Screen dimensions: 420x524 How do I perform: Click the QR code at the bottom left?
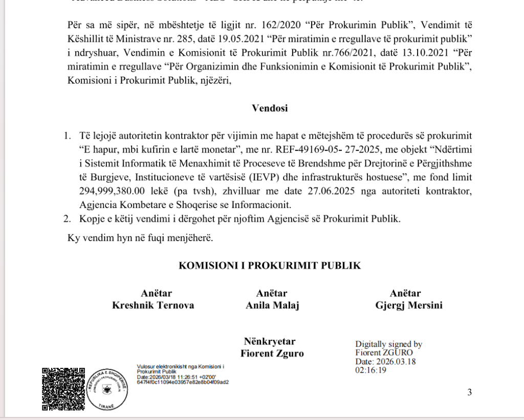(x=62, y=389)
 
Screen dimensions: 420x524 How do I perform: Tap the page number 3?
(x=469, y=392)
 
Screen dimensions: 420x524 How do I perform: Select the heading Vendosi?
(x=270, y=108)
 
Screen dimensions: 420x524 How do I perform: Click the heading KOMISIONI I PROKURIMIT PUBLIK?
(x=270, y=266)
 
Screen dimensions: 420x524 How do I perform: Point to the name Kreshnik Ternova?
(x=153, y=306)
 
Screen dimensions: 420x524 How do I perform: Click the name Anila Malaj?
(x=272, y=306)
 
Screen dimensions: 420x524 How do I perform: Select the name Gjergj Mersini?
(x=408, y=306)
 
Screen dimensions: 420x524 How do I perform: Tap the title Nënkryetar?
(x=270, y=341)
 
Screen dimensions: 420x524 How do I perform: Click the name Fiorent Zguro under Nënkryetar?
(x=272, y=354)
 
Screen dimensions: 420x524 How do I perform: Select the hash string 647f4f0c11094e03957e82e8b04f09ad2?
(x=183, y=382)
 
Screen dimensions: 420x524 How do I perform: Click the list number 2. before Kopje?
(x=67, y=219)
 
